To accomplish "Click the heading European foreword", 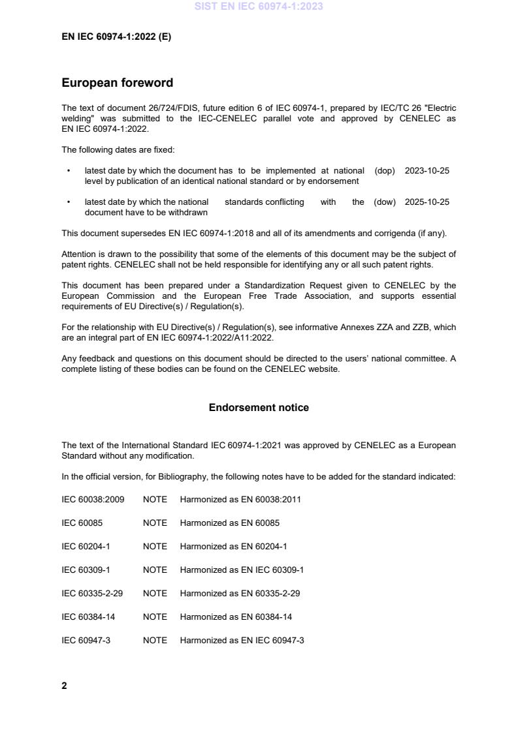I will tap(117, 83).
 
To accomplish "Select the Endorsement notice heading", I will tap(259, 408).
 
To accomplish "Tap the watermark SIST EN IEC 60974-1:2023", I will tap(259, 7).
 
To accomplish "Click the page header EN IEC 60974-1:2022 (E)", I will tap(116, 37).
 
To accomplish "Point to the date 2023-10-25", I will tap(427, 171).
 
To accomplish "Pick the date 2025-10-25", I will tap(427, 202).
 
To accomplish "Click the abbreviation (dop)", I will tap(385, 171).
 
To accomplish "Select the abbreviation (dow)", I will tap(385, 202).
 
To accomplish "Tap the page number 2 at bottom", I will tap(64, 686).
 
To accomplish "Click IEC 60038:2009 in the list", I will tap(93, 500).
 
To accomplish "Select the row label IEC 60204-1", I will tap(86, 547).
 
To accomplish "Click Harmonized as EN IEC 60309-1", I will tap(242, 570).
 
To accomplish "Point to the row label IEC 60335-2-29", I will tap(91, 594).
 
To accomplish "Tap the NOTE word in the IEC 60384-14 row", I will tap(155, 617).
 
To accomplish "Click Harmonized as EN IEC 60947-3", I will tap(242, 641).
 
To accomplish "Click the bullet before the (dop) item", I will tap(69, 171).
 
